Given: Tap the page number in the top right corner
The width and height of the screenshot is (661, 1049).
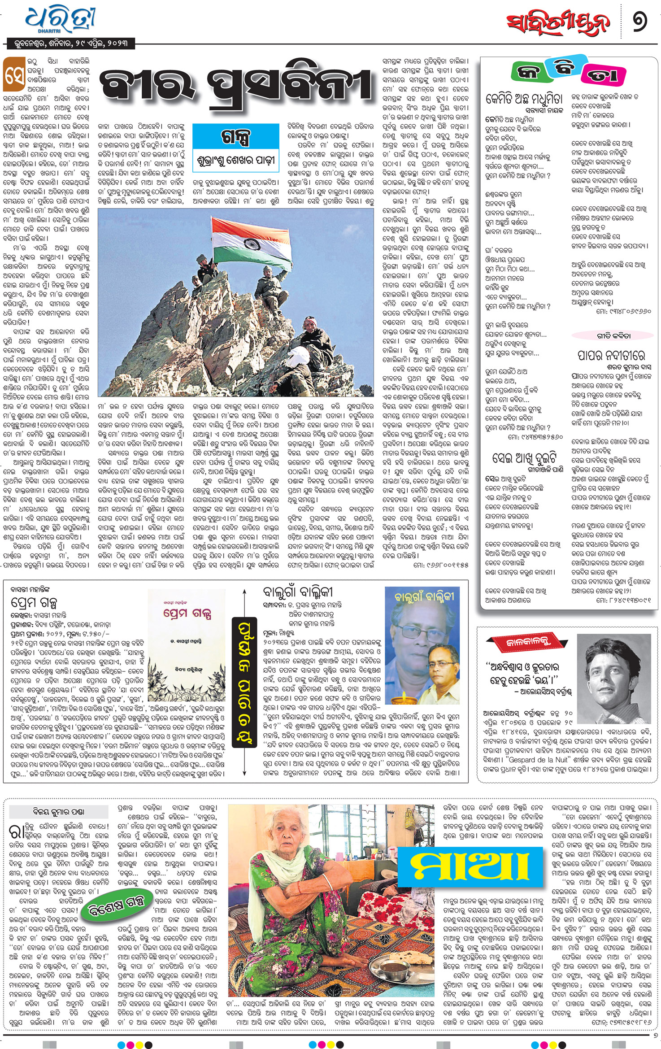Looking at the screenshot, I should pyautogui.click(x=640, y=21).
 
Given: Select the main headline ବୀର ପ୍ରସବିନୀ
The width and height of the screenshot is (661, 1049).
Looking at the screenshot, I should pyautogui.click(x=236, y=85).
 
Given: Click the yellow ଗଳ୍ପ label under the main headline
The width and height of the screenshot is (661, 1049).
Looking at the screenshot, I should pyautogui.click(x=236, y=136).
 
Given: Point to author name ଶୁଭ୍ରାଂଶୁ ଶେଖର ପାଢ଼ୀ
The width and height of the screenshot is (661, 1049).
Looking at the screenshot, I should pyautogui.click(x=236, y=160).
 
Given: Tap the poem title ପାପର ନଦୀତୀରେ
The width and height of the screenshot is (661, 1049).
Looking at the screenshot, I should pyautogui.click(x=611, y=356).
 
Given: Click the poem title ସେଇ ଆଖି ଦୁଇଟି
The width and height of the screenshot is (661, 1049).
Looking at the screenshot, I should pyautogui.click(x=524, y=458).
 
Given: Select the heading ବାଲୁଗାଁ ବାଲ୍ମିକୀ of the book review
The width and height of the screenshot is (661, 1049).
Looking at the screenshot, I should pyautogui.click(x=298, y=592).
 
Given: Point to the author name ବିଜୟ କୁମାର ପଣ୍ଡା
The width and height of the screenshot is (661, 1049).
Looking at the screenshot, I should pyautogui.click(x=58, y=811).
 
